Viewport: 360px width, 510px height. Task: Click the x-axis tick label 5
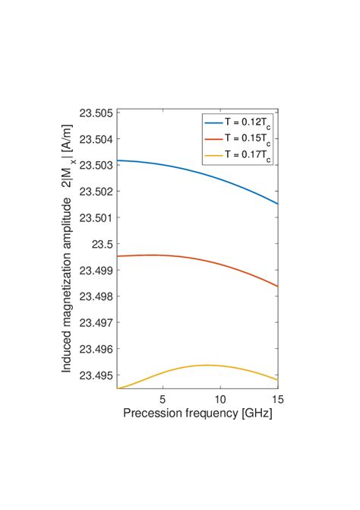pyautogui.click(x=163, y=398)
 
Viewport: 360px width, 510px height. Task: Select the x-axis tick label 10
pyautogui.click(x=220, y=398)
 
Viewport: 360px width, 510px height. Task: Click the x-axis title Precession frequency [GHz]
pyautogui.click(x=197, y=414)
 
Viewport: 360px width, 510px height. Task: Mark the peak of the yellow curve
pyautogui.click(x=206, y=365)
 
